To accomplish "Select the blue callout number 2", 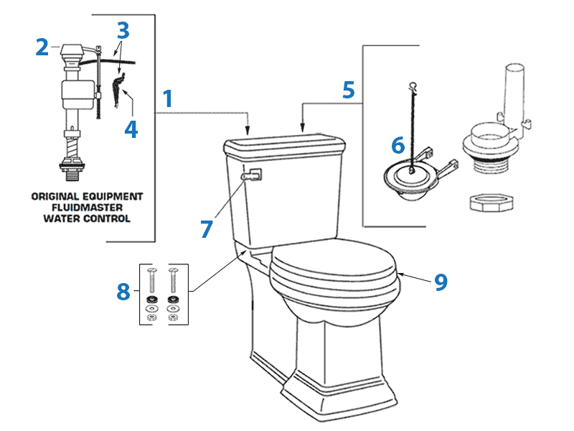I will (42, 47).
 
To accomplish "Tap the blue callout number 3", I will (123, 32).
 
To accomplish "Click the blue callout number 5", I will (348, 91).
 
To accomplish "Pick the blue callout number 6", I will (397, 145).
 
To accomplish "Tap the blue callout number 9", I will (441, 282).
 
